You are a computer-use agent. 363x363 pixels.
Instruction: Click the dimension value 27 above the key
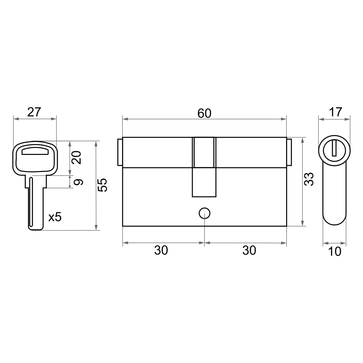pos(34,112)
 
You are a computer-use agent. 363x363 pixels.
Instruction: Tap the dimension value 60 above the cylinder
pos(204,113)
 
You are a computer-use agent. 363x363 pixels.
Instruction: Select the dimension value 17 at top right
pos(335,112)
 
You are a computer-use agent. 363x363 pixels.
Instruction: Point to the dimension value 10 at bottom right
pos(335,252)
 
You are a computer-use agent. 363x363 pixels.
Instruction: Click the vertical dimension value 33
pos(309,179)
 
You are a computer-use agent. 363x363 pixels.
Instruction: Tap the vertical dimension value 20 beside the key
pos(77,158)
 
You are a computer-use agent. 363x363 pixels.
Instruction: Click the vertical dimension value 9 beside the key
pos(78,182)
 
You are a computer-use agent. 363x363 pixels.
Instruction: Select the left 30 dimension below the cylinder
pos(161,250)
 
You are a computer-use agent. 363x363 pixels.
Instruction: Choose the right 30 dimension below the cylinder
pos(249,250)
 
